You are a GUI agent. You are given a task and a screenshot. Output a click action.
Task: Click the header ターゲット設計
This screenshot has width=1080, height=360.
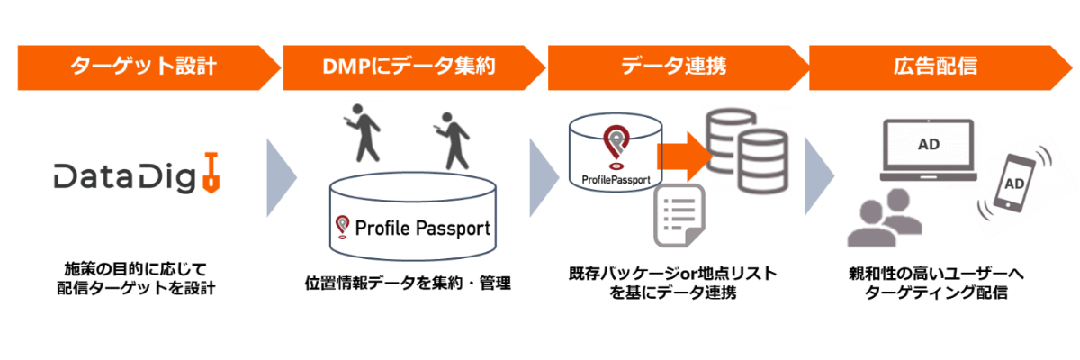[x=144, y=67]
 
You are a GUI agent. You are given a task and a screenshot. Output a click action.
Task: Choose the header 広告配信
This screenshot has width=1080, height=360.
[x=936, y=67]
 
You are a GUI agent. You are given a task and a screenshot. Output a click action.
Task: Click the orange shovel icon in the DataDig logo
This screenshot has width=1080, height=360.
[x=211, y=174]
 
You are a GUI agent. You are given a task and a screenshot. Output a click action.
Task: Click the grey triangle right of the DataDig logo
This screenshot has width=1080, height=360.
[x=282, y=177]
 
